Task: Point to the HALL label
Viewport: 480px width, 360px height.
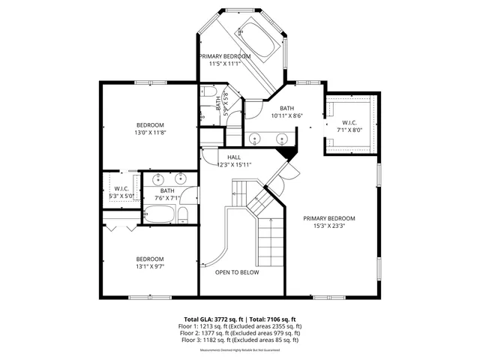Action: [234, 157]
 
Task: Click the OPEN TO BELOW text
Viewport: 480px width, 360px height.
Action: [237, 272]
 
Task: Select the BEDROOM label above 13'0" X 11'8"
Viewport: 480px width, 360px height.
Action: [149, 124]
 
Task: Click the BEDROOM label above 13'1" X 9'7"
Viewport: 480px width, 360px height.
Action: [149, 259]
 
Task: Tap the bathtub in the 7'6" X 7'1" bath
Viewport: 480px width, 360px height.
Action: [158, 215]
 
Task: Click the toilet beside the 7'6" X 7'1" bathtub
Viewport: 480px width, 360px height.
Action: [182, 216]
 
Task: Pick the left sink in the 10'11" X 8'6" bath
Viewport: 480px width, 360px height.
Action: [256, 139]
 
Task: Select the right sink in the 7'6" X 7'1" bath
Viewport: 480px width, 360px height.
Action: [181, 178]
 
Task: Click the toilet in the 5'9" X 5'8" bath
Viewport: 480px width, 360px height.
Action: [208, 92]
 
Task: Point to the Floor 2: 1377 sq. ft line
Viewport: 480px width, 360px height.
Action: [240, 333]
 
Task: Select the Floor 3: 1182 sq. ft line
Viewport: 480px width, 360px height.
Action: [240, 340]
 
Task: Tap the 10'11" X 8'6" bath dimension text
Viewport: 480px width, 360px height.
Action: [286, 115]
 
